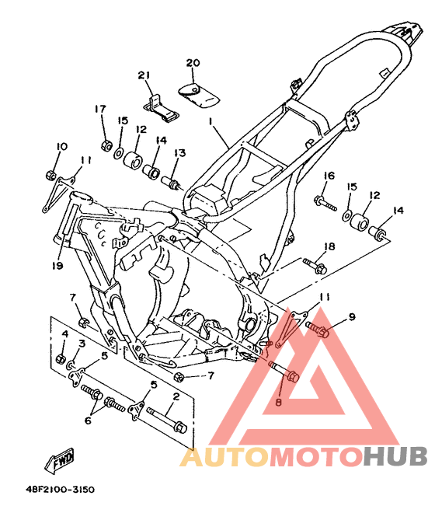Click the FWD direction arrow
click(61, 459)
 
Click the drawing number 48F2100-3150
click(61, 490)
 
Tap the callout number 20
click(193, 63)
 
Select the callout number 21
click(144, 75)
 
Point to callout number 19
click(57, 266)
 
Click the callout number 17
click(100, 109)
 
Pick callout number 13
click(180, 152)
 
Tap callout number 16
click(329, 176)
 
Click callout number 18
click(329, 247)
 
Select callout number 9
click(352, 317)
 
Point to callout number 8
click(279, 402)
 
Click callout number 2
click(176, 396)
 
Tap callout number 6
click(88, 421)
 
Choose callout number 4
click(65, 333)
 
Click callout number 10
click(61, 146)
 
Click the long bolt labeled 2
click(167, 420)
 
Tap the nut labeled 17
click(106, 145)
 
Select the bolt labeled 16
click(325, 203)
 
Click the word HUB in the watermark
click(395, 456)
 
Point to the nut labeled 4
click(61, 358)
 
